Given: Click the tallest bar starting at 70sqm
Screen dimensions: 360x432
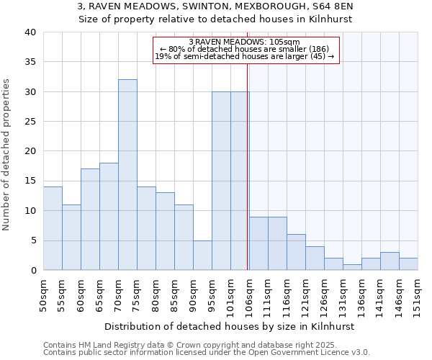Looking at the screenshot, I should [127, 175].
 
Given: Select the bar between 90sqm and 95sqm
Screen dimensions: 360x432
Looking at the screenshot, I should [202, 255].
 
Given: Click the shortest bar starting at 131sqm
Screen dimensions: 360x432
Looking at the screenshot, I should [352, 267].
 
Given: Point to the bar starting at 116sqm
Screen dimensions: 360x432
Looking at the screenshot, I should [296, 252].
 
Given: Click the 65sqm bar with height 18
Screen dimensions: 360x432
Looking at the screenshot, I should [109, 216].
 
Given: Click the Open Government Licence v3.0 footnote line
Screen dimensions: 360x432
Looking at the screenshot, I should [207, 353].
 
